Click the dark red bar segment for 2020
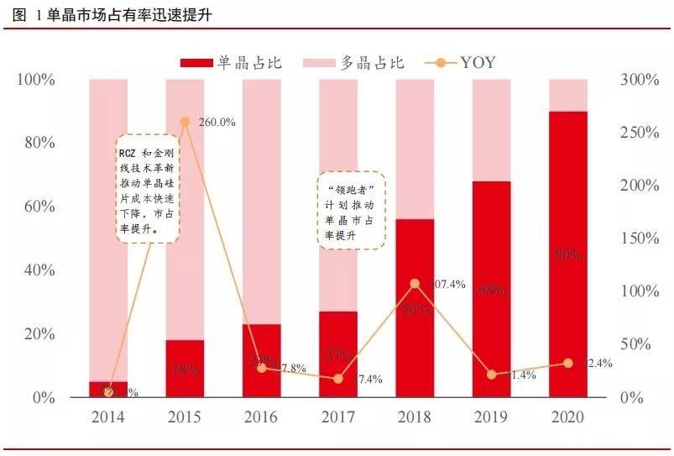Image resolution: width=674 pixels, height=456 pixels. pos(568,252)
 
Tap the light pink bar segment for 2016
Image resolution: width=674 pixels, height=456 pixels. pos(262,202)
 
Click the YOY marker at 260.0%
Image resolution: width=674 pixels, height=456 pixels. pos(185,122)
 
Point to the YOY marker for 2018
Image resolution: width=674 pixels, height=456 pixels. pos(415,284)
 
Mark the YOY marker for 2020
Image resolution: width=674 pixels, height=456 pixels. pos(568,363)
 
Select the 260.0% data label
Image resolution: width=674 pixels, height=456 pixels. pos(217,122)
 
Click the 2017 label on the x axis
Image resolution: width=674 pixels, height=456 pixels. pos(338,417)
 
